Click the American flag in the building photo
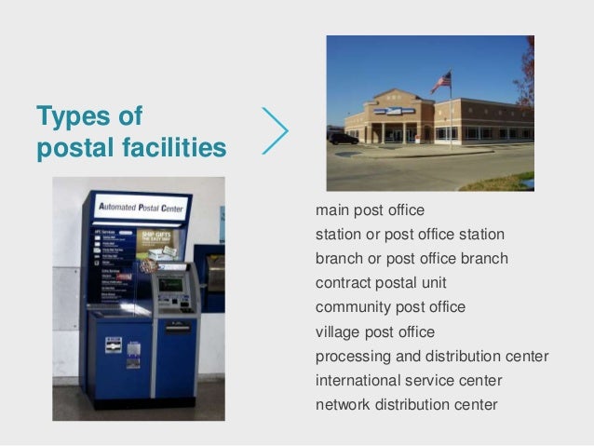coord(441,82)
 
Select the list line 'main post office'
coord(370,209)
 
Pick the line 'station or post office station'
coord(410,234)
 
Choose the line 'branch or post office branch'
coord(412,258)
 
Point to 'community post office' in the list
coord(390,306)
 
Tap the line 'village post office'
coord(375,331)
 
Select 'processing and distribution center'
coord(432,356)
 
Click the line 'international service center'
coord(409,380)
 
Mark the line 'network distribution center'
coord(407,404)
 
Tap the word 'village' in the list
coord(337,331)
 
